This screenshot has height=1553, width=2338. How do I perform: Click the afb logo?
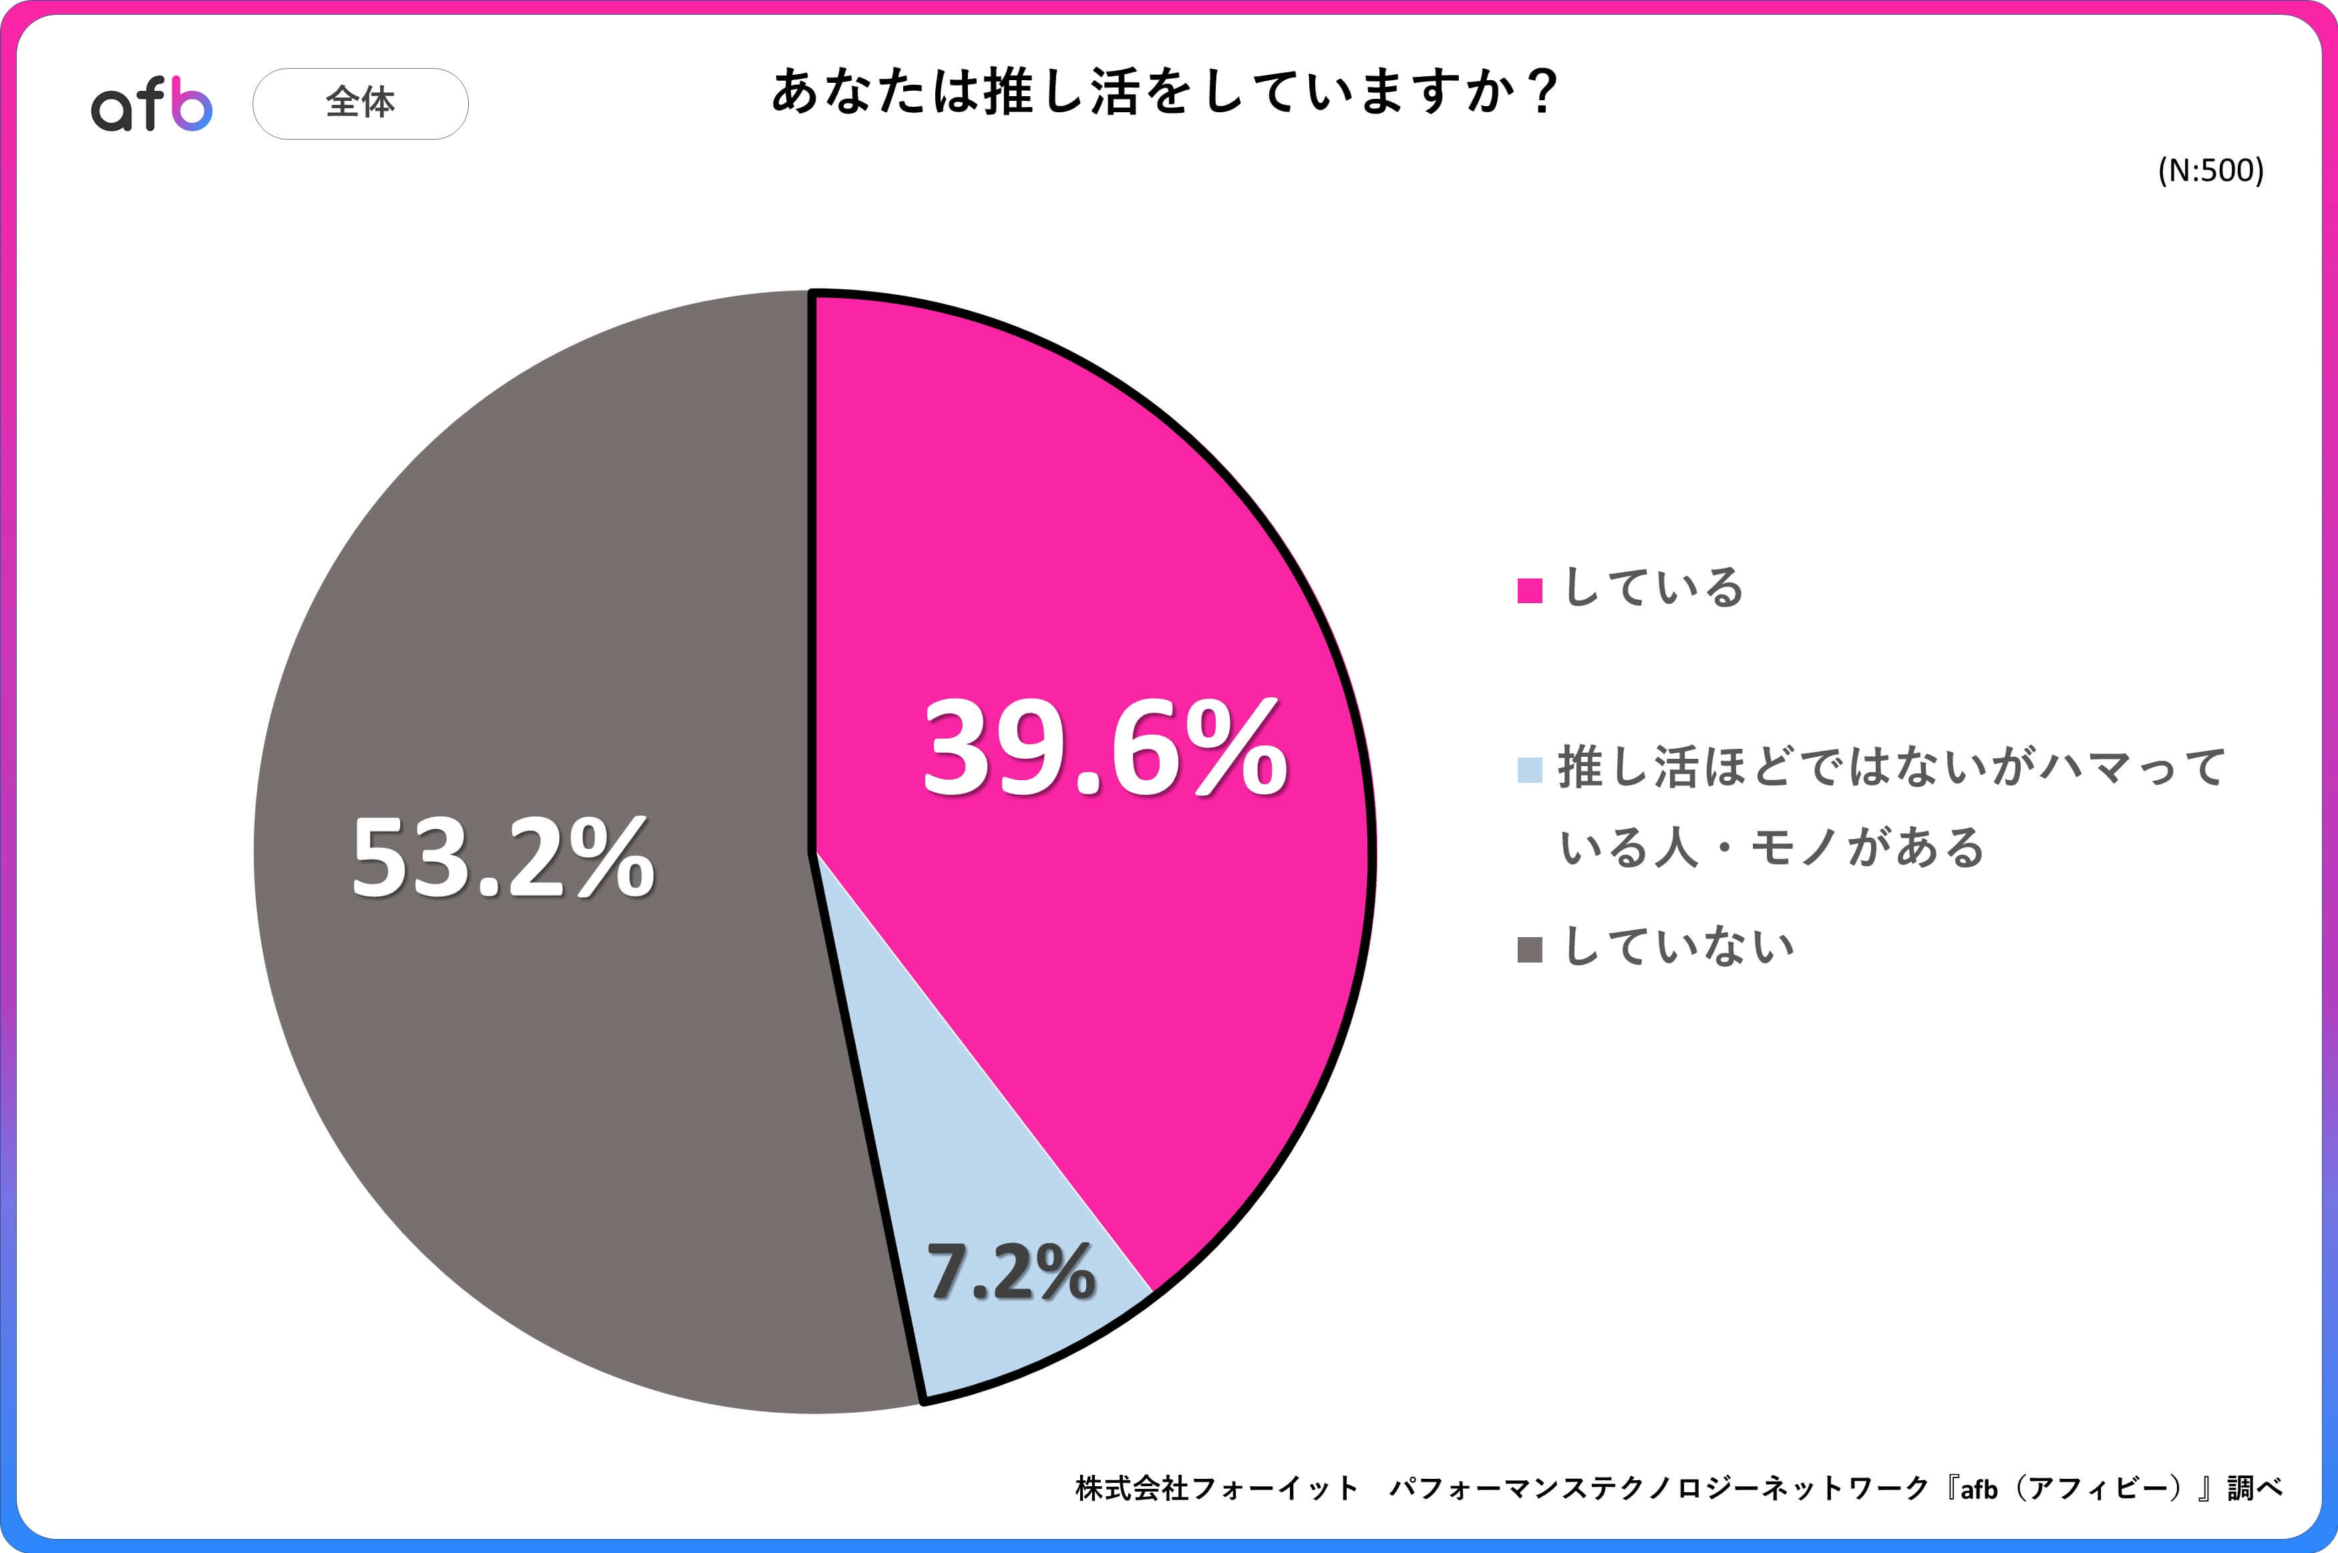point(152,104)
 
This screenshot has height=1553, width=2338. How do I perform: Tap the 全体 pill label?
point(361,103)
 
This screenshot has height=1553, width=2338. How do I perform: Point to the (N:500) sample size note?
point(2210,170)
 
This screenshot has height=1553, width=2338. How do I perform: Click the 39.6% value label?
point(1104,747)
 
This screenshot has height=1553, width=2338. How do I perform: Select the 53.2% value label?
point(503,858)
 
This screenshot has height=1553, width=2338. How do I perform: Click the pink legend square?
point(1529,590)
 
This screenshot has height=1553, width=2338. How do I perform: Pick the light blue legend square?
point(1529,769)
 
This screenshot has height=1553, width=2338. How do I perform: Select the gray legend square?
point(1529,950)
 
